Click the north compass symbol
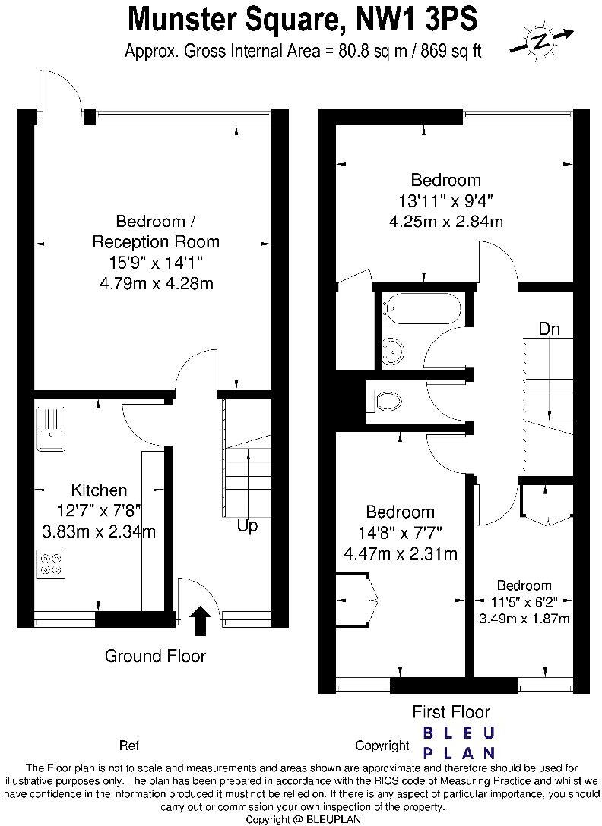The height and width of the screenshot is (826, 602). [x=540, y=42]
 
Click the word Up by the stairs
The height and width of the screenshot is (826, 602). [x=247, y=525]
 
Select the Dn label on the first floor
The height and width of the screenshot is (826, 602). [x=550, y=329]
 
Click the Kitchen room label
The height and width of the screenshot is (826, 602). [x=99, y=490]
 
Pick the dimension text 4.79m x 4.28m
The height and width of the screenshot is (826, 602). [x=155, y=284]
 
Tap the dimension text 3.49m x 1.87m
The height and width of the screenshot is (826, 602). [x=524, y=619]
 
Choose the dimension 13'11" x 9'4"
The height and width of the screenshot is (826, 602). [x=445, y=201]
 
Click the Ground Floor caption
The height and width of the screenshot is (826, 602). [x=155, y=655]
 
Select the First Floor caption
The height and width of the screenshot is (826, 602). [x=451, y=711]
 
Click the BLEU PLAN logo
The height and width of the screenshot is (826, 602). [x=458, y=743]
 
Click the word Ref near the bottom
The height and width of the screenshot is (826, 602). [x=129, y=745]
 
